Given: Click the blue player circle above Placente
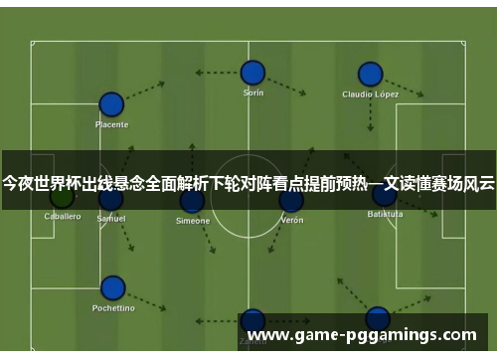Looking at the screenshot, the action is point(111,104).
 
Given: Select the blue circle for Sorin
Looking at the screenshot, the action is point(252,73).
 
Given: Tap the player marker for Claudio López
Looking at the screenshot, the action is point(370,75).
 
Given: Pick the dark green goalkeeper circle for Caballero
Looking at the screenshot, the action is point(62,196).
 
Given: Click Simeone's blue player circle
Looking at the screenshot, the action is point(192,201).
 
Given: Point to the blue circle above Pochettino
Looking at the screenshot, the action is point(113,288).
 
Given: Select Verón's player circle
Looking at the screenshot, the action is point(291,201).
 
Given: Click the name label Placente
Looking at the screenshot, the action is point(111,125).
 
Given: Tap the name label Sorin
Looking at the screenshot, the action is point(253,92).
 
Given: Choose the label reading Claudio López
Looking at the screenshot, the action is point(370,94).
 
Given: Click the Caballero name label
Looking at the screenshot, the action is point(62,216).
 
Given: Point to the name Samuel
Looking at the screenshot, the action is point(111,218).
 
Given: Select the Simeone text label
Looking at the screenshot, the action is point(192,221).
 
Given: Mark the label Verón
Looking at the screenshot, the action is point(291,220).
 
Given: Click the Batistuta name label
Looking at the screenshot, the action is point(385,214).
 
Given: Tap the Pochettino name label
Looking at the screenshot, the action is point(112,308).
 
